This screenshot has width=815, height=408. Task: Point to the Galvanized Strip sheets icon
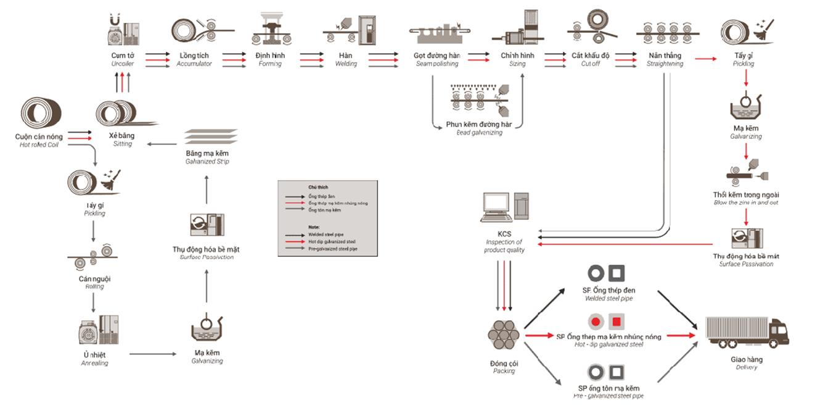[x=211, y=136]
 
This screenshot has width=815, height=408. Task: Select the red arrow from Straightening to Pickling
[x=706, y=59]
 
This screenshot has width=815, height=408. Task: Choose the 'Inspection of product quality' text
[x=504, y=246]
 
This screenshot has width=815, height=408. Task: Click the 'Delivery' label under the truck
[x=747, y=367]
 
